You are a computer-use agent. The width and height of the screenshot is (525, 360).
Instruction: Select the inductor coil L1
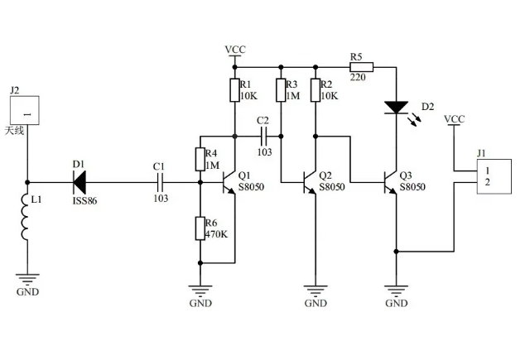coord(26,220)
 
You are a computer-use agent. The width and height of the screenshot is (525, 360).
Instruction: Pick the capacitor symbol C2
coord(264,133)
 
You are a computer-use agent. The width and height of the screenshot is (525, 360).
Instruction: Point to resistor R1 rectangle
coord(235,89)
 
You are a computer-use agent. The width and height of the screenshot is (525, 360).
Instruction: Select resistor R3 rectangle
coord(282,89)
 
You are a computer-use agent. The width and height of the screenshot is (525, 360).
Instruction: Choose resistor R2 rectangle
coord(315,89)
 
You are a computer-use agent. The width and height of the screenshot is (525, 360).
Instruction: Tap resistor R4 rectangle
coord(200,159)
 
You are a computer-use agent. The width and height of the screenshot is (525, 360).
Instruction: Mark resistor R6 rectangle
coord(200,228)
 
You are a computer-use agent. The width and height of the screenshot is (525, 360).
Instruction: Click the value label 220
coord(358,79)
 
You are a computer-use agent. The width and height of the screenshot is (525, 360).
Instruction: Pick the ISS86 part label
coord(84,201)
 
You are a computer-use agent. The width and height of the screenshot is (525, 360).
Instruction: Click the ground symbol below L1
coord(26,281)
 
